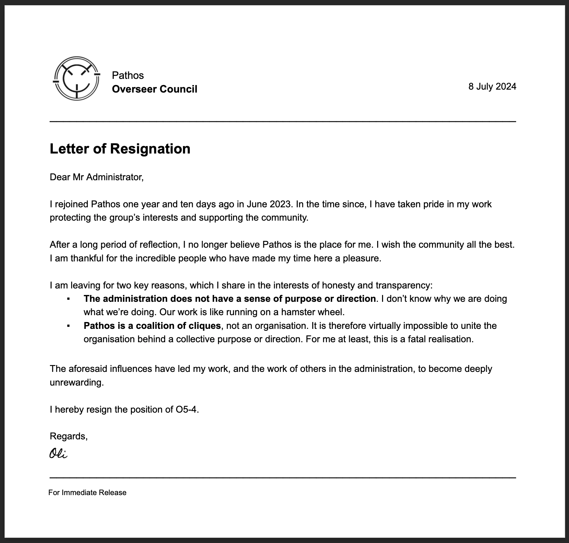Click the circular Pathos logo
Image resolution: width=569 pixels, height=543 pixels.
[76, 79]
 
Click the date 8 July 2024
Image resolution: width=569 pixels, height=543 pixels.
[492, 86]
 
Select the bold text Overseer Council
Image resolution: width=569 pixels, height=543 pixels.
[154, 89]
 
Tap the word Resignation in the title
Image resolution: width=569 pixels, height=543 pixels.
[150, 149]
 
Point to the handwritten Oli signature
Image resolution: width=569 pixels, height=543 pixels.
[58, 453]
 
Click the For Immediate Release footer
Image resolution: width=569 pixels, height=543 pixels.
[87, 492]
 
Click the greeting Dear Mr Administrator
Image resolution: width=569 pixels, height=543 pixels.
[97, 177]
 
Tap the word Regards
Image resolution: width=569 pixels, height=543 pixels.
[68, 436]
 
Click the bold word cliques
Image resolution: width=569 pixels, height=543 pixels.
[205, 326]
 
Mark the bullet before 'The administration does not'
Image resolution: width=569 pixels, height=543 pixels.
[69, 299]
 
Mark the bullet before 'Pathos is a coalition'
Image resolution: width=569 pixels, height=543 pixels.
[69, 326]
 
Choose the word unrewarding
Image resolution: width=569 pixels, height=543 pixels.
[76, 382]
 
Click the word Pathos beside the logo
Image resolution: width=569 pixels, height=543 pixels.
[128, 75]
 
